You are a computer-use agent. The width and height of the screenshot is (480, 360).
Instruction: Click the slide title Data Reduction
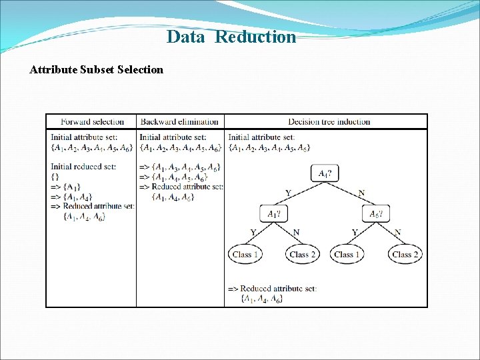pos(231,37)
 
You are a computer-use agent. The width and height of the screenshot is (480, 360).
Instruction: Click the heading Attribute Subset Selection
pos(96,69)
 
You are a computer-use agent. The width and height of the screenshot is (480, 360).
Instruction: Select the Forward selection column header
pos(92,121)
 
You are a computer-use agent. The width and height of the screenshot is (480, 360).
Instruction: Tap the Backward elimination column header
pos(179,121)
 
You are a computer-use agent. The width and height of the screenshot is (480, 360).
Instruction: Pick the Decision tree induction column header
pos(329,121)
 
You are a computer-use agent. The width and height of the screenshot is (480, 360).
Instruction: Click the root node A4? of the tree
pos(325,173)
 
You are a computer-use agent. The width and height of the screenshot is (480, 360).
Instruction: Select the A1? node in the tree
pos(274,214)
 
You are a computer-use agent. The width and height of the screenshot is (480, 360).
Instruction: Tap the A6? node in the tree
pos(375,214)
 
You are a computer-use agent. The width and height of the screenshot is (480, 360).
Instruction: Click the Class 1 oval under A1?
pos(245,254)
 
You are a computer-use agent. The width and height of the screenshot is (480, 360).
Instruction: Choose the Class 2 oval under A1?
pos(303,254)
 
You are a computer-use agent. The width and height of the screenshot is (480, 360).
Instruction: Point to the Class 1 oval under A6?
pos(347,254)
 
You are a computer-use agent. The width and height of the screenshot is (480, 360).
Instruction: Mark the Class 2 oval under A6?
pos(405,254)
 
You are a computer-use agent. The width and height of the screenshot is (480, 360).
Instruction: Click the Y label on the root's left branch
pos(288,193)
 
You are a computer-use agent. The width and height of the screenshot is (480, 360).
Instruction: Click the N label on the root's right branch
pos(361,193)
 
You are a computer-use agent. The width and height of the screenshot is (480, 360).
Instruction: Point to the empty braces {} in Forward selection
pos(55,177)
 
